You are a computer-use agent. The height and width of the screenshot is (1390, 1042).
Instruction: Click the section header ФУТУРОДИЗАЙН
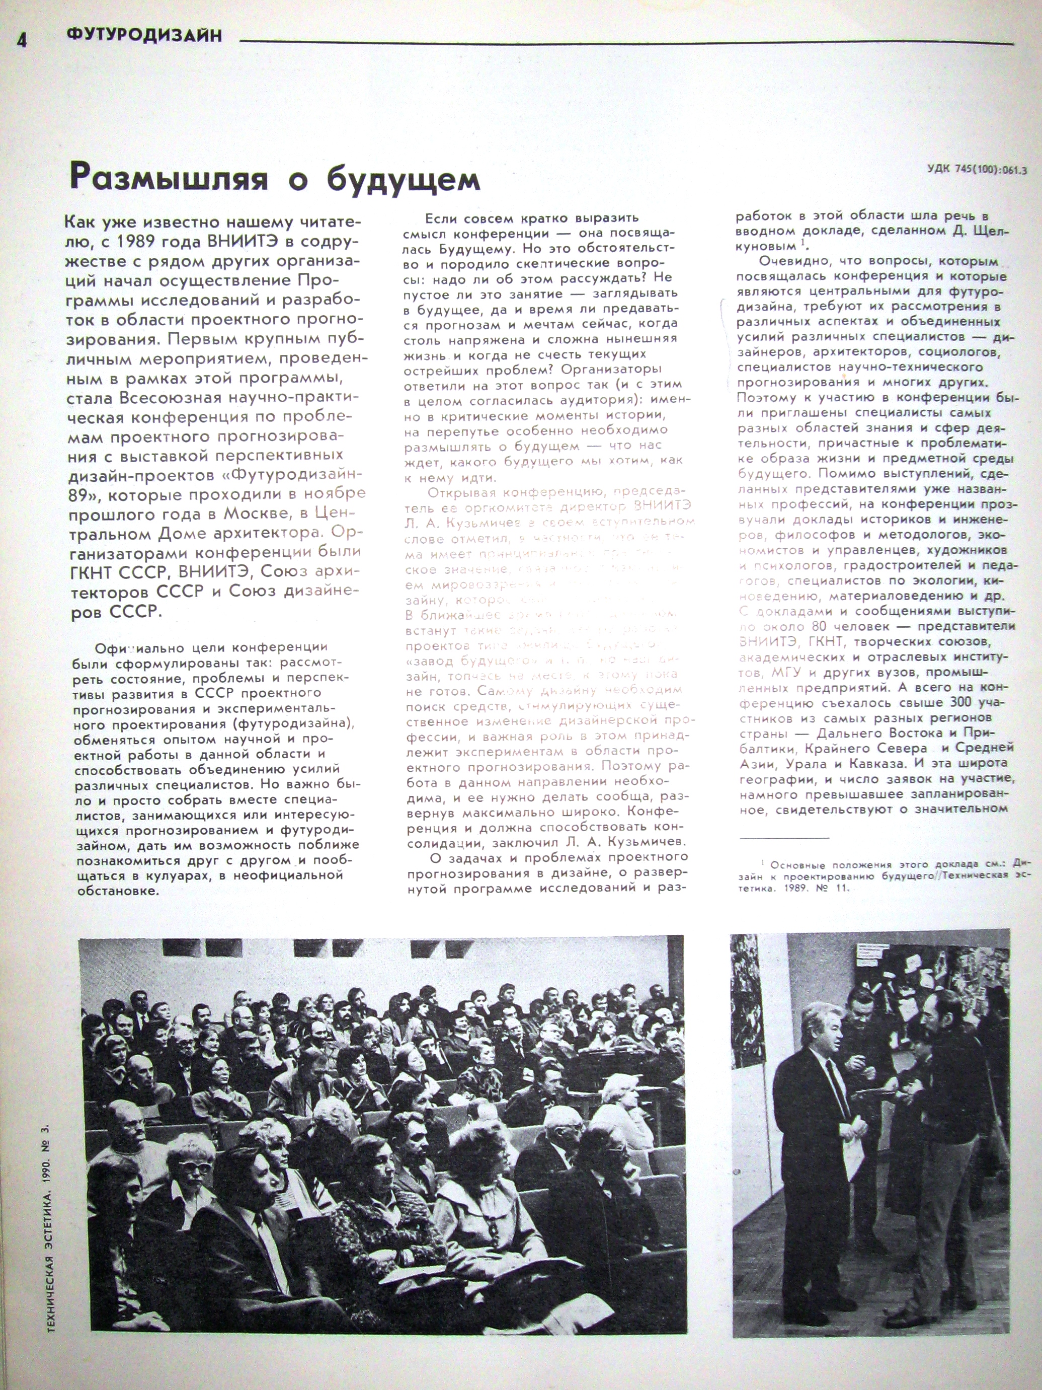click(x=144, y=35)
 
